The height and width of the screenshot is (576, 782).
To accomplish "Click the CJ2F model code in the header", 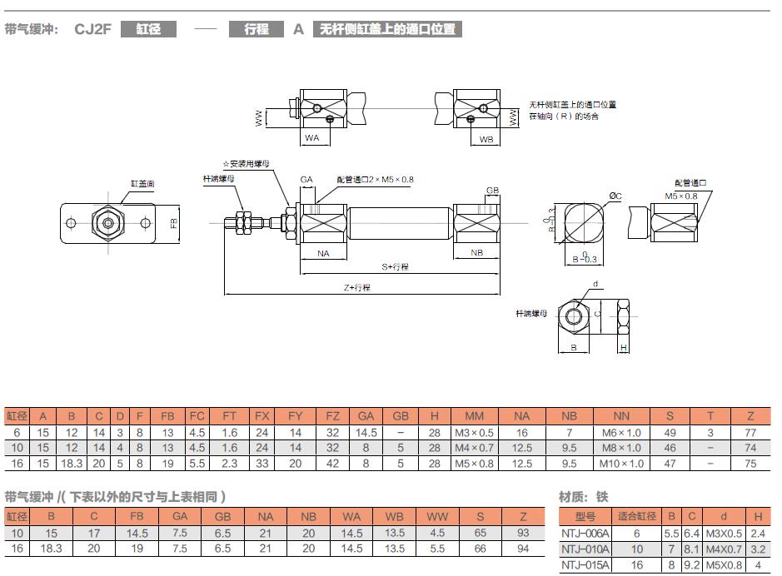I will (92, 29).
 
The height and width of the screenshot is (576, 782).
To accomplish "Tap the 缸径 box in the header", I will (149, 29).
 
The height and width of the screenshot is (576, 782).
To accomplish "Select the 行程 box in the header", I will (257, 29).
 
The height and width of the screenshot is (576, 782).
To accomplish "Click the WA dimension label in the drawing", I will (311, 137).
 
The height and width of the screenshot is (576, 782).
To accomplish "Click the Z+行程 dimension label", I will (356, 287).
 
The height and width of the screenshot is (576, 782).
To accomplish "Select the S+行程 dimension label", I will (396, 266).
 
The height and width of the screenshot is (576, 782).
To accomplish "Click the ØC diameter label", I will (615, 196).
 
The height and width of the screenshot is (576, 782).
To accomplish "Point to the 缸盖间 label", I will (142, 182).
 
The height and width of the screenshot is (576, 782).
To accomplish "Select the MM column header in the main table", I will (474, 416).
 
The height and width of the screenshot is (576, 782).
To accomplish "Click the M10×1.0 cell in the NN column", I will (621, 464).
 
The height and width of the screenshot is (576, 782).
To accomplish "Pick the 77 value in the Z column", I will (750, 432).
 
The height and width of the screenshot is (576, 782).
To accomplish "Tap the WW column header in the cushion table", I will (437, 517).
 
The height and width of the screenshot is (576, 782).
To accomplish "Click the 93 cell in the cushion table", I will (524, 533).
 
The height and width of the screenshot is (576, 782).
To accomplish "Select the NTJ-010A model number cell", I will (586, 549).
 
